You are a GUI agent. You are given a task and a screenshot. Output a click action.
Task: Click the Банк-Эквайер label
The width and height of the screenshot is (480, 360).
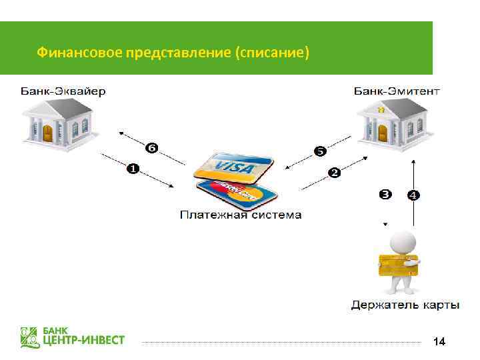point(63,91)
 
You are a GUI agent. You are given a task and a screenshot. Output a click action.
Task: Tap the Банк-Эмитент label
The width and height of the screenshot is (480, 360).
point(397,91)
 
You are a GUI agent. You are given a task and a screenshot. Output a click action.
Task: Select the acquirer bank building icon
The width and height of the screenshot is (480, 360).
point(60,124)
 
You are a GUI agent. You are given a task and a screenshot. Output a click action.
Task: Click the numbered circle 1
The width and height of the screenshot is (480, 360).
point(133,170)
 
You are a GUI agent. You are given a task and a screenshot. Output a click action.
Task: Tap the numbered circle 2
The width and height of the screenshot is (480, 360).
point(334,173)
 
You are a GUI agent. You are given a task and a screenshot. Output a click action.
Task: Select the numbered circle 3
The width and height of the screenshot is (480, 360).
point(385,195)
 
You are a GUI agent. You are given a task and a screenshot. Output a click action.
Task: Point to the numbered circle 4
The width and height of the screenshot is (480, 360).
point(413,195)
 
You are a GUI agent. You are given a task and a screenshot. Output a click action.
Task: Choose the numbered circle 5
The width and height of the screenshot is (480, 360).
point(320,151)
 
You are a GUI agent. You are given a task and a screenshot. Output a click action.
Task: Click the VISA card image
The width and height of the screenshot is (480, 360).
point(233,167)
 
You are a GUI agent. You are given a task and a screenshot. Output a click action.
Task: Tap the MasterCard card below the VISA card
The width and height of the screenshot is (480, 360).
point(237,192)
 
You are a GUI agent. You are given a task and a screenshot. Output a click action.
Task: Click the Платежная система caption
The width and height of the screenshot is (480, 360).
point(241,215)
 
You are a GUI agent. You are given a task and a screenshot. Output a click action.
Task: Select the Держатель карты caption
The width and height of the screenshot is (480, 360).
point(405,305)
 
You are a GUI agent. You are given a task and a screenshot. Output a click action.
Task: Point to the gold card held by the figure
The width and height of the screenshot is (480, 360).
point(397,265)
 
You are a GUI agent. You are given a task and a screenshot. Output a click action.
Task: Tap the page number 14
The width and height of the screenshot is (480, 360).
point(439,342)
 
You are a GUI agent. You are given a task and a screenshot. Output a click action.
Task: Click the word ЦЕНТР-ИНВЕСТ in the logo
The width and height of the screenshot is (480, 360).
point(84,341)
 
